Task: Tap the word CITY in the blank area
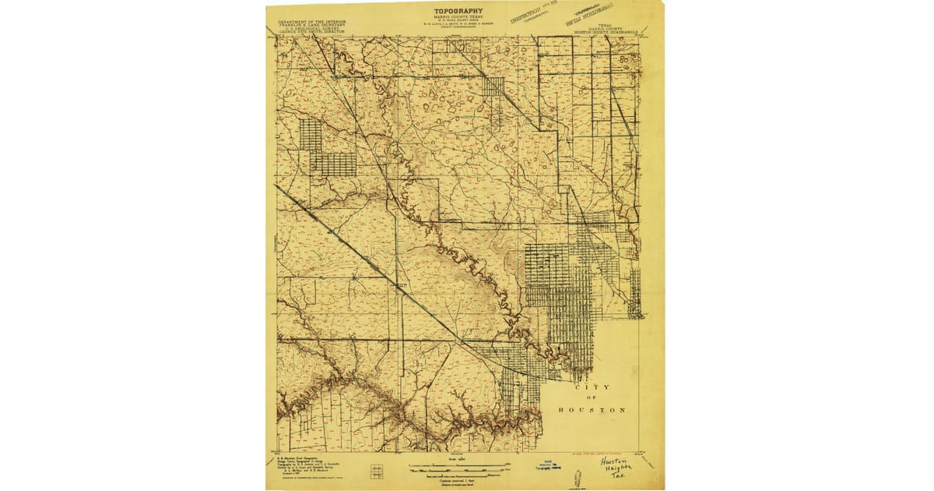pyautogui.click(x=592, y=387)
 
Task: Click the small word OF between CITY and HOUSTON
pyautogui.click(x=592, y=398)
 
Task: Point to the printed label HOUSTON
pyautogui.click(x=592, y=410)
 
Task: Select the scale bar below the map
pyautogui.click(x=459, y=468)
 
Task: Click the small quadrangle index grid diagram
pyautogui.click(x=377, y=471)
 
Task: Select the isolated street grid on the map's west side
pyautogui.click(x=327, y=148)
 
